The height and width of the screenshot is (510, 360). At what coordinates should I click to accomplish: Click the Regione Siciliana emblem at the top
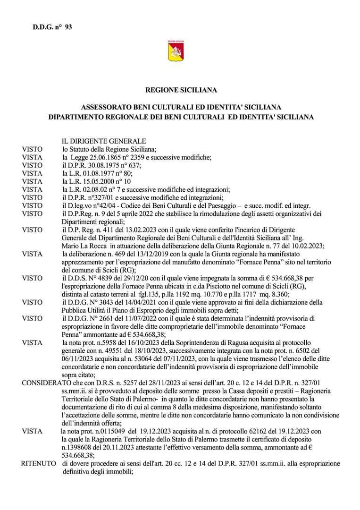tap(176, 51)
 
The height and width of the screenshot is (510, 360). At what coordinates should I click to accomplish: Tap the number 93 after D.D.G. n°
tap(68, 27)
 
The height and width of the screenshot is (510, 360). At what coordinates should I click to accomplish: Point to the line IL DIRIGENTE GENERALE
tap(104, 141)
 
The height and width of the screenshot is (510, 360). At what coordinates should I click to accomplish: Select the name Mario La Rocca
tap(84, 246)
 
